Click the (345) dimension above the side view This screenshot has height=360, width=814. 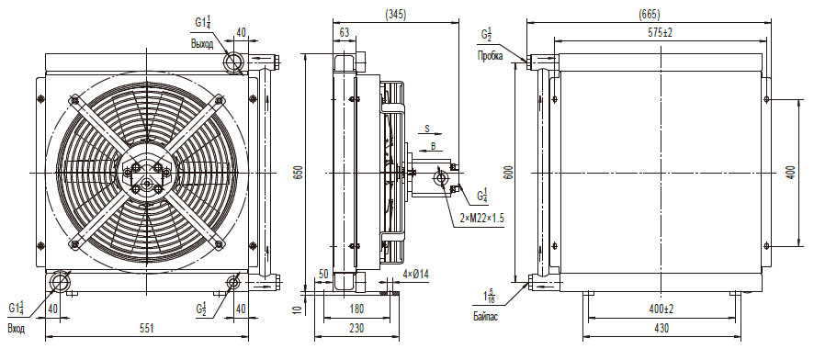[396, 15]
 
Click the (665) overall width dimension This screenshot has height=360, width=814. [649, 15]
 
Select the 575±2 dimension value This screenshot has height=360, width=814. [660, 32]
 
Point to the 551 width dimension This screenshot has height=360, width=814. [147, 329]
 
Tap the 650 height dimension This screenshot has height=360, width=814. [297, 173]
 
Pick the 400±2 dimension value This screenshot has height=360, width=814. [661, 309]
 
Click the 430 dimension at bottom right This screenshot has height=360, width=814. [661, 329]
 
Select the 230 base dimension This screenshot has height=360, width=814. [356, 329]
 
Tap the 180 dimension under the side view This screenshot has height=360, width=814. [356, 309]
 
